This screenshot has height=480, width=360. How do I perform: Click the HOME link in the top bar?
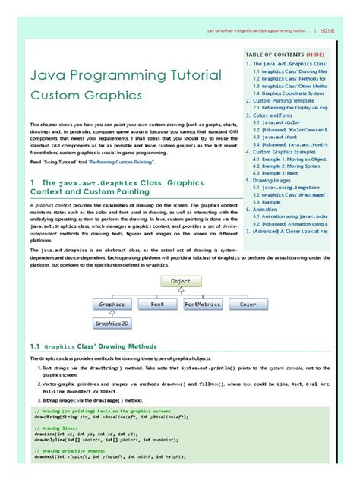tap(327, 31)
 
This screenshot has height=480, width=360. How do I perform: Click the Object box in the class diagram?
tap(180, 281)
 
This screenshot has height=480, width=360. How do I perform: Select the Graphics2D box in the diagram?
tap(111, 323)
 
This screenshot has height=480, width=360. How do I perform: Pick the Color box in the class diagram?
tap(248, 304)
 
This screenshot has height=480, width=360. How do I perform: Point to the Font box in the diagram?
tap(157, 304)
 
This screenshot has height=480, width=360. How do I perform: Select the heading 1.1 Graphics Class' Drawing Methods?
tap(93, 346)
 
